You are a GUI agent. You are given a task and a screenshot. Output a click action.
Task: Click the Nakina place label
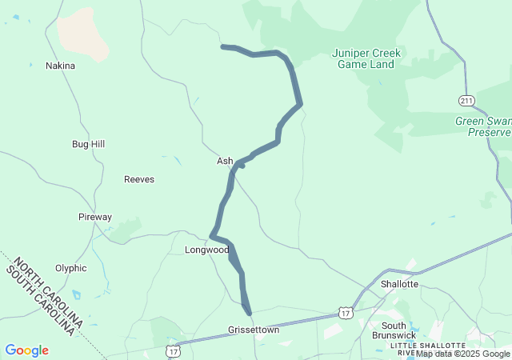point(60,66)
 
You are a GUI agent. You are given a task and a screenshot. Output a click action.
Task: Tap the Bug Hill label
point(88,144)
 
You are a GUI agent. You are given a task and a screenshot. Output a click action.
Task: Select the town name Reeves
point(139,179)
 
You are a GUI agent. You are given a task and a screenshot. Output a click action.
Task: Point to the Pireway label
point(95,217)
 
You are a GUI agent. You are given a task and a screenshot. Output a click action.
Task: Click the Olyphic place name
point(70,268)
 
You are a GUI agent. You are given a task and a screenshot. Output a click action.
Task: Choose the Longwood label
point(206,250)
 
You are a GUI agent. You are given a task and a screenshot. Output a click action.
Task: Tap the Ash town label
point(225,161)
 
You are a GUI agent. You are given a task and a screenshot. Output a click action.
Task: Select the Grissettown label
point(254,330)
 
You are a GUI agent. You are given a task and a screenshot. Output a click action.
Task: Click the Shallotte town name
point(399,284)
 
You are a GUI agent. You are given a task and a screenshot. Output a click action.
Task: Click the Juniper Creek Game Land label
point(366,58)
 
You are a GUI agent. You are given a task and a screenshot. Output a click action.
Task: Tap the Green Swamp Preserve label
point(483,126)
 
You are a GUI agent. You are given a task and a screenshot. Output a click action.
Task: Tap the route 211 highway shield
point(467,100)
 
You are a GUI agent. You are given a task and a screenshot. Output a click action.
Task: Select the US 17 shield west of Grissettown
point(173,350)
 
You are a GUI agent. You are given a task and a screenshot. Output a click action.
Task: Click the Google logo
point(26,350)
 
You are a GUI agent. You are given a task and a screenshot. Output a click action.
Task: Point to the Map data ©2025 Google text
point(462,354)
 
